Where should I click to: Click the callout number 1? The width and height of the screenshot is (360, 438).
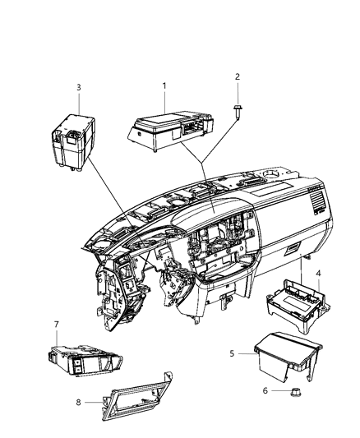(x=164, y=85)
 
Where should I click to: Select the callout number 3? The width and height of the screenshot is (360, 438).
(x=78, y=86)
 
